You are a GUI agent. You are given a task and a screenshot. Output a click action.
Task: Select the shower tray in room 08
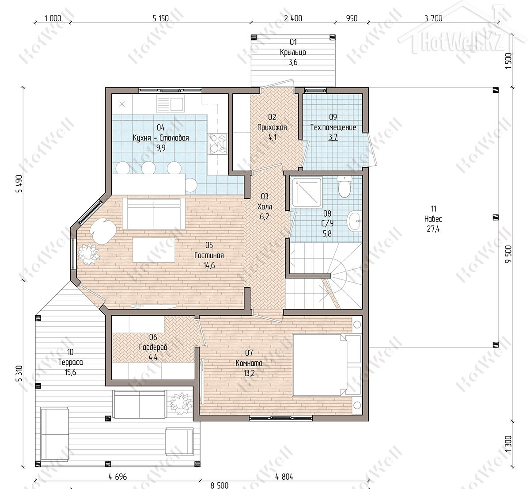pos(307,192)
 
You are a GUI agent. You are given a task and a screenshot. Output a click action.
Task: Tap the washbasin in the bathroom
pos(355,221)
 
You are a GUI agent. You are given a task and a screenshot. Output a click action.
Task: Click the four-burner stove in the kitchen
pos(218,144)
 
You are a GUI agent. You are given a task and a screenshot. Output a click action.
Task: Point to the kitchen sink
pos(170,104)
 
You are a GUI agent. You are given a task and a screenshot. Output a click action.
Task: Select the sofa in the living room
pos(154,214)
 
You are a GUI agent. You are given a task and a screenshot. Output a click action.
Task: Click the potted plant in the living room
pos(88,254)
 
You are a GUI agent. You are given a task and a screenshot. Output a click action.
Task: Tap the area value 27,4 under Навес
pos(433,229)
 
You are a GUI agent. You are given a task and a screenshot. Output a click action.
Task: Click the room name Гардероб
pos(153,347)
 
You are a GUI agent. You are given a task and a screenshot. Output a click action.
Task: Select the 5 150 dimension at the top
pos(160,18)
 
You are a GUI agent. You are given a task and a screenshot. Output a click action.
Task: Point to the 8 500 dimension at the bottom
pos(220,485)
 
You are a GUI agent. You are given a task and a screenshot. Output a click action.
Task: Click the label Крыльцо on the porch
pos(293,52)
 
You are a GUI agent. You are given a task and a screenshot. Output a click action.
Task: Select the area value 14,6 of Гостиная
pos(209,265)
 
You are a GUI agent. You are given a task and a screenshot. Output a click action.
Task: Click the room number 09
pos(333,117)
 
